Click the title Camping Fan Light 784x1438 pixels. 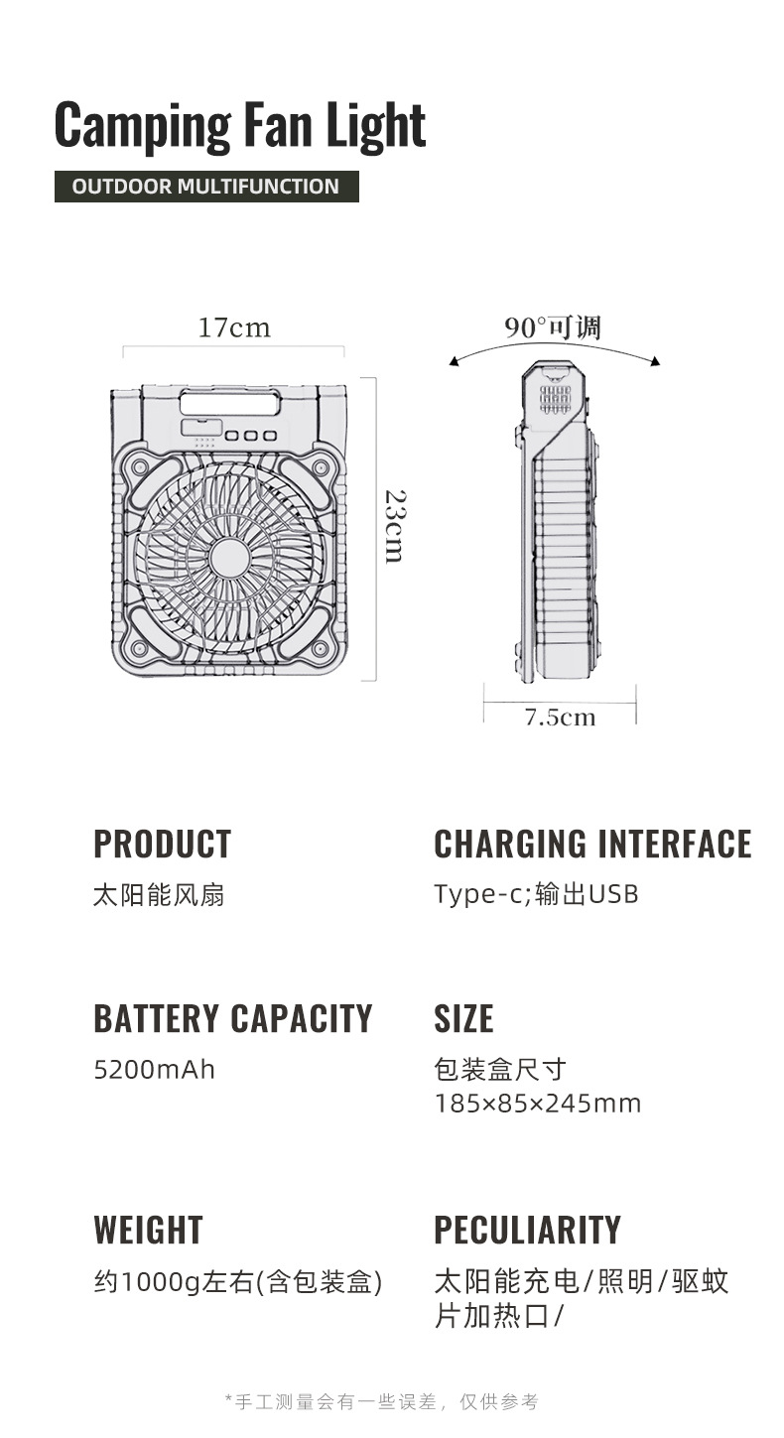(x=240, y=125)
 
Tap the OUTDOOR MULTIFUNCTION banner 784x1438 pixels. (x=206, y=187)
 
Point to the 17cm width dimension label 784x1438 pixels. (x=234, y=327)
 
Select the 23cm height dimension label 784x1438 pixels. (x=394, y=526)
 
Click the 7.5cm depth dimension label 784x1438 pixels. (x=560, y=718)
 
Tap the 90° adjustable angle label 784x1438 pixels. (x=553, y=327)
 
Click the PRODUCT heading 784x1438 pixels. (x=163, y=845)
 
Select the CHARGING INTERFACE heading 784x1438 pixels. (x=592, y=845)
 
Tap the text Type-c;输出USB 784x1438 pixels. (x=536, y=894)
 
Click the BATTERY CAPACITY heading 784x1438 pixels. (x=233, y=1019)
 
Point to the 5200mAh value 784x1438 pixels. (x=154, y=1070)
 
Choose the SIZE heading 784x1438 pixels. (x=463, y=1019)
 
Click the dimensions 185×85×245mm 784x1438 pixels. (x=538, y=1104)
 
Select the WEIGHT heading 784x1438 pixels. (x=148, y=1231)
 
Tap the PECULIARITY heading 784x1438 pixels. (x=527, y=1231)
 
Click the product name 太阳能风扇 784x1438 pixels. (x=159, y=895)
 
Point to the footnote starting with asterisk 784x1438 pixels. (x=382, y=1401)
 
